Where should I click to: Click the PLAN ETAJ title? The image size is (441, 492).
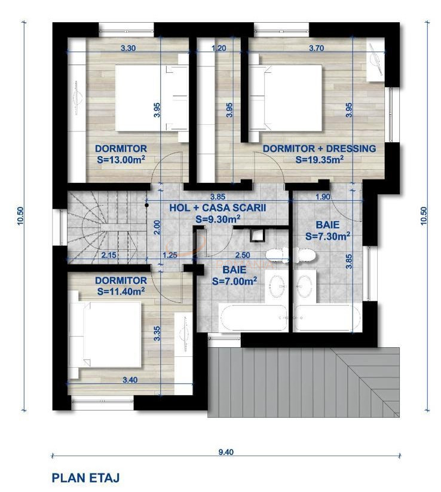pos(85,478)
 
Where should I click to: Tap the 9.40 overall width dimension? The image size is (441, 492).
pos(226,452)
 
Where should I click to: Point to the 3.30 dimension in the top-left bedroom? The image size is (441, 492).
pos(128,48)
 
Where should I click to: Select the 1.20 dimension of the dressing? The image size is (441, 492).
pos(219,48)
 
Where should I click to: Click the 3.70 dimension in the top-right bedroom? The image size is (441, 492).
pos(317,48)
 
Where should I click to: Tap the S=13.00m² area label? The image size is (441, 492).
pos(121,160)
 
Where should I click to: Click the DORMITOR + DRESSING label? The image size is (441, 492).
pos(319,148)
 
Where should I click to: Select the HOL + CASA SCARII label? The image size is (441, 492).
pos(218,207)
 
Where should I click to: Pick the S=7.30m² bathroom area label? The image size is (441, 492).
pos(328,236)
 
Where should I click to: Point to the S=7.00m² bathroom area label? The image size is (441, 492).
pos(235,281)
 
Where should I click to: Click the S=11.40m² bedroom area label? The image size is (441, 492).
pos(121,291)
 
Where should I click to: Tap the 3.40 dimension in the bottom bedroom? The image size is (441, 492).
pos(130,380)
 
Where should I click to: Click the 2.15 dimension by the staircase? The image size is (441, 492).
pos(109,255)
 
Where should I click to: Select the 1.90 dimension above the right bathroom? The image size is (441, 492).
pos(323,197)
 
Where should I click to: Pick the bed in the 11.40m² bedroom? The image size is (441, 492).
pos(105,335)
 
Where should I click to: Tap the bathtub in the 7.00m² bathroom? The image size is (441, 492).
pos(253,317)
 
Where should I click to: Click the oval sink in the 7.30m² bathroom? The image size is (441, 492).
pos(304,286)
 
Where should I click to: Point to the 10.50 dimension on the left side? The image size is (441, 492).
pos(20,216)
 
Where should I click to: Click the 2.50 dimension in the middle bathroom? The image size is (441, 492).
pos(243,255)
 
